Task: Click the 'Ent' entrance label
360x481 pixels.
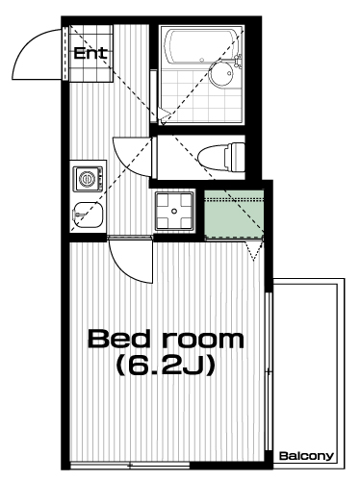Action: point(90,53)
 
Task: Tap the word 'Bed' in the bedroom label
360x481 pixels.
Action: point(119,340)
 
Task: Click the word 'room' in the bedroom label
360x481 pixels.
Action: point(203,341)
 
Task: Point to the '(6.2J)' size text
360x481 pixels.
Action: point(166,366)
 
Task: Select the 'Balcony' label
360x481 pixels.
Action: point(307,456)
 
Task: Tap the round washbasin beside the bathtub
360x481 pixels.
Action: point(221,73)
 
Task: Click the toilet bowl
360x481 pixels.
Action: point(213,157)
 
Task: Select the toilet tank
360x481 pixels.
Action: point(236,157)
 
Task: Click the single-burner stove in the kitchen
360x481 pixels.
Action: point(88,179)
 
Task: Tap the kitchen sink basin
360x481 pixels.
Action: point(88,215)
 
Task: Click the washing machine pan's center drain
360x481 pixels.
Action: point(174,211)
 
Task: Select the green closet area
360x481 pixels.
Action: point(234,215)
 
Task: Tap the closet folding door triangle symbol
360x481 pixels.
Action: point(254,251)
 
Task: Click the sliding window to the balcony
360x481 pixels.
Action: point(270,371)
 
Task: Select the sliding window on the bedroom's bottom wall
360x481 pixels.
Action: point(130,466)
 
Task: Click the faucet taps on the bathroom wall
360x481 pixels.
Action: point(238,62)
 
